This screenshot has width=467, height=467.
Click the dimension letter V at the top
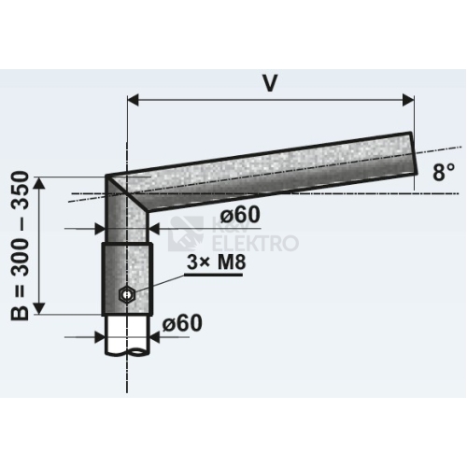(270, 83)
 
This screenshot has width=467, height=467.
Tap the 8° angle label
(444, 172)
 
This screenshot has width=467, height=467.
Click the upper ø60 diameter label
(240, 215)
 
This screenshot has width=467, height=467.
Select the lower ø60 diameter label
(182, 323)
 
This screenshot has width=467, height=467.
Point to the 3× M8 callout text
(217, 262)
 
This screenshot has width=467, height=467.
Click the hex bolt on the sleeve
(127, 294)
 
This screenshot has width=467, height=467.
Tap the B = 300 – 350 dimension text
(20, 246)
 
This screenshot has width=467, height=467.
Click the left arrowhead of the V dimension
(133, 100)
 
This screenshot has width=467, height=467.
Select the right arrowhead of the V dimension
(408, 100)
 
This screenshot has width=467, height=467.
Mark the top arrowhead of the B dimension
(38, 183)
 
